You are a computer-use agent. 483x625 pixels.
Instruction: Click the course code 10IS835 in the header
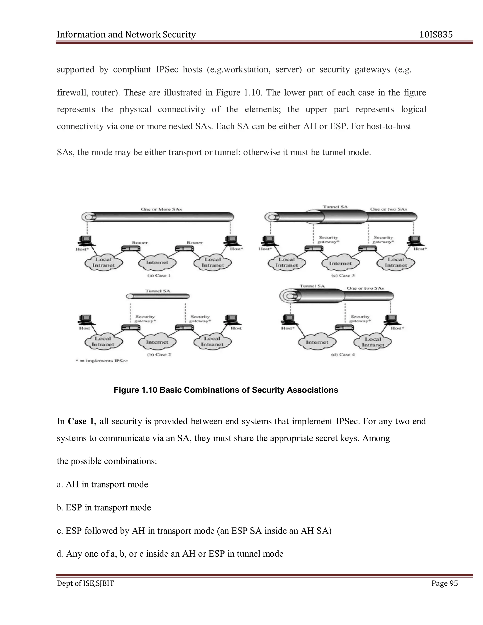click(436, 35)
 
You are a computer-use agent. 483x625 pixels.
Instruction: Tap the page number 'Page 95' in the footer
click(444, 583)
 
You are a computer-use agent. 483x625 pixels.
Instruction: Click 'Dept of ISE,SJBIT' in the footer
click(85, 583)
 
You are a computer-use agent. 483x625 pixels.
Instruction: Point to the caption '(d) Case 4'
click(342, 354)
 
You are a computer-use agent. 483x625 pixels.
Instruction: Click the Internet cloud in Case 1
click(157, 262)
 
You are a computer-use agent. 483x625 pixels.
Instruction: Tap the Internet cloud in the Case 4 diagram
click(317, 342)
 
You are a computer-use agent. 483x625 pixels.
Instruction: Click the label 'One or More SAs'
click(161, 209)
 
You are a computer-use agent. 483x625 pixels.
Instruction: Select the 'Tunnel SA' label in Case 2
click(158, 291)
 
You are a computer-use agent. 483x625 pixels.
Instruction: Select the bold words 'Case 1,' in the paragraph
click(82, 421)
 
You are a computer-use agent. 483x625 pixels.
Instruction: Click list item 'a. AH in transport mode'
click(102, 484)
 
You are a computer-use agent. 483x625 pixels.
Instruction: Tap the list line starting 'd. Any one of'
click(170, 554)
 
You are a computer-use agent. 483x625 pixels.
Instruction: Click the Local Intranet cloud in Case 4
click(373, 342)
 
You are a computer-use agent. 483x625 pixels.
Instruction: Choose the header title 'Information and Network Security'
click(126, 35)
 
